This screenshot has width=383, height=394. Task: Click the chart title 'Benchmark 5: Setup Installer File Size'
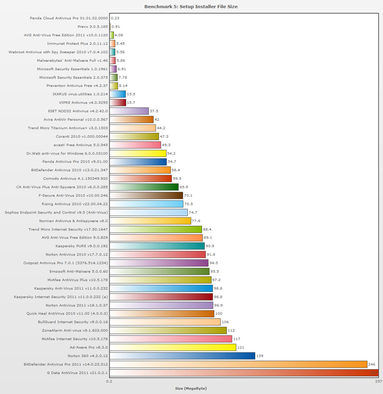click(191, 7)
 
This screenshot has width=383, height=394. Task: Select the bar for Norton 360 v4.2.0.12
click(182, 356)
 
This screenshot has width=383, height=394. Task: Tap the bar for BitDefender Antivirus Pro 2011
click(238, 364)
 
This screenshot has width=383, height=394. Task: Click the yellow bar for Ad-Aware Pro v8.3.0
click(173, 347)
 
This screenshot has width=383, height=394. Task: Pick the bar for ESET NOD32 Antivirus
click(129, 111)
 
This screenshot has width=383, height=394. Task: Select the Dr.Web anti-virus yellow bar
click(138, 154)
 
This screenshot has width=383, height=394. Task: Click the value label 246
click(372, 364)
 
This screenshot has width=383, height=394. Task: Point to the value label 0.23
click(115, 18)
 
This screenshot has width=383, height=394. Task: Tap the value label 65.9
click(184, 186)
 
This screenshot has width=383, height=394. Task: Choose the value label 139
click(260, 356)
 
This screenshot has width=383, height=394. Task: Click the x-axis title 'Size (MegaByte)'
click(191, 388)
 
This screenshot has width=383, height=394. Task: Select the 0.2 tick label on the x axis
click(110, 382)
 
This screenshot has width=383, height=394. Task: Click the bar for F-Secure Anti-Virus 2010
click(146, 195)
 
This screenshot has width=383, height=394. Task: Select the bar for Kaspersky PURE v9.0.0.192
click(158, 246)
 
